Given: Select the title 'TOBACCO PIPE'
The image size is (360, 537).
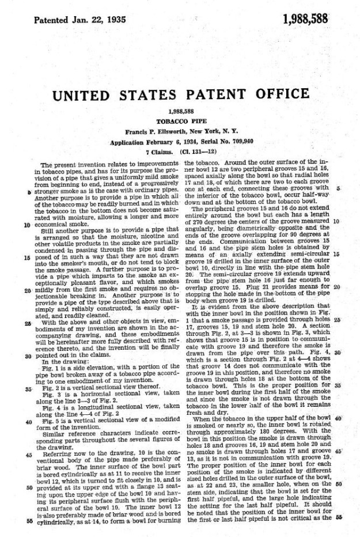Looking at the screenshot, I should (181, 122).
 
